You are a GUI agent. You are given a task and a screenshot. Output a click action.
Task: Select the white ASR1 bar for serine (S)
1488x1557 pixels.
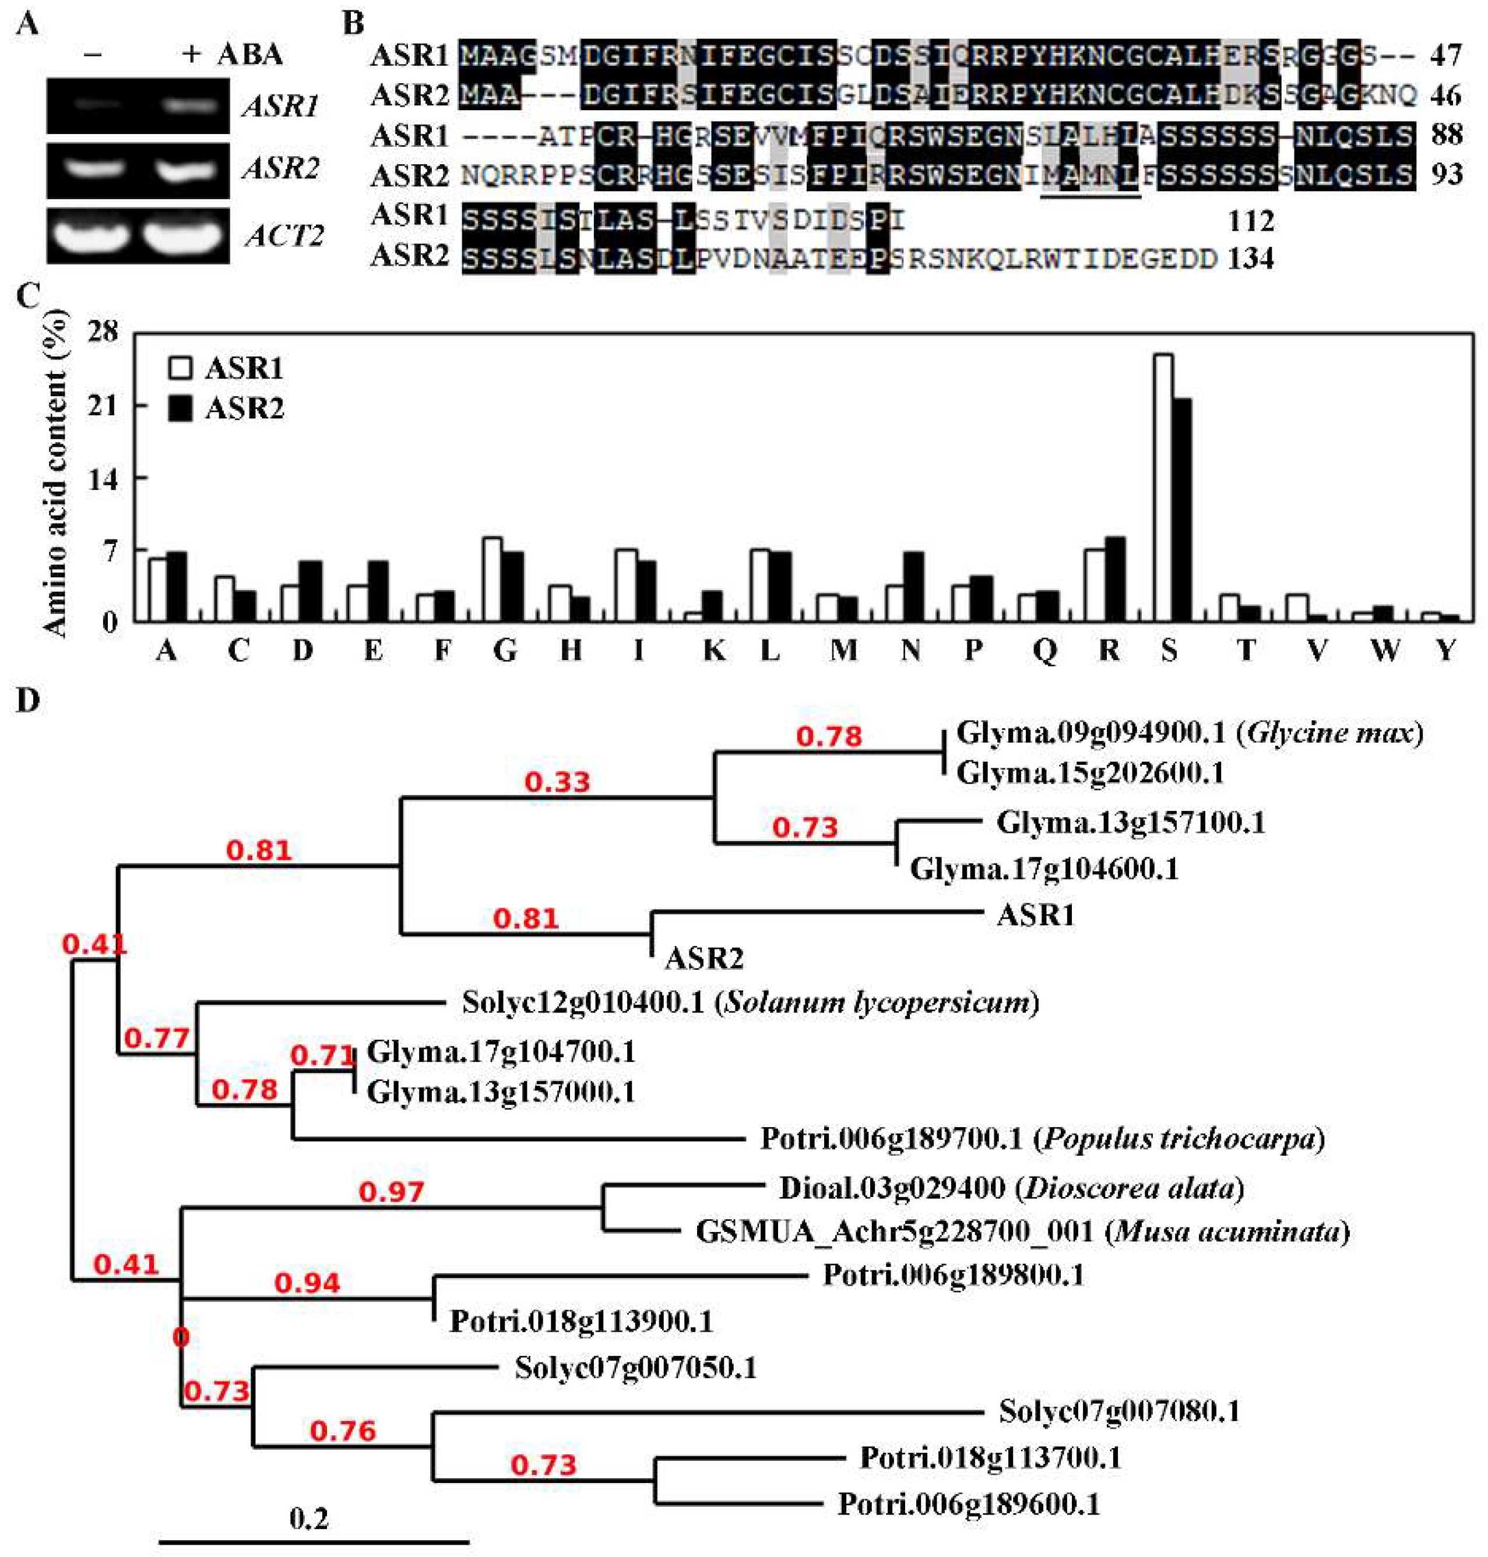1163,487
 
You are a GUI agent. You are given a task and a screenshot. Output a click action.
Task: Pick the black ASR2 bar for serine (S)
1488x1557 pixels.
1183,509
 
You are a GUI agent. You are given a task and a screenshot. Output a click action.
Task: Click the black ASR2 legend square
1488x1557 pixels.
181,409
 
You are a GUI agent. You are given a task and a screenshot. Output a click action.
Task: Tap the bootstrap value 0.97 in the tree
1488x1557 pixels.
391,1192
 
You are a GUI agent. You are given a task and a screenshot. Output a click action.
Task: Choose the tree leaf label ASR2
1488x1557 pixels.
704,959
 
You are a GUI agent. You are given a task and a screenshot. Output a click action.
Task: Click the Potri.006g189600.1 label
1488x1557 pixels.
969,1504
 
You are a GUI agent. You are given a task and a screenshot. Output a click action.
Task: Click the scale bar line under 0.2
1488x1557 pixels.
314,1542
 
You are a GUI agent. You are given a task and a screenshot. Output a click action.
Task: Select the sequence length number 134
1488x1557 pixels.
1251,259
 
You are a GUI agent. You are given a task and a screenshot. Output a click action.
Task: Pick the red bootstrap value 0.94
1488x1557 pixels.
307,1283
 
